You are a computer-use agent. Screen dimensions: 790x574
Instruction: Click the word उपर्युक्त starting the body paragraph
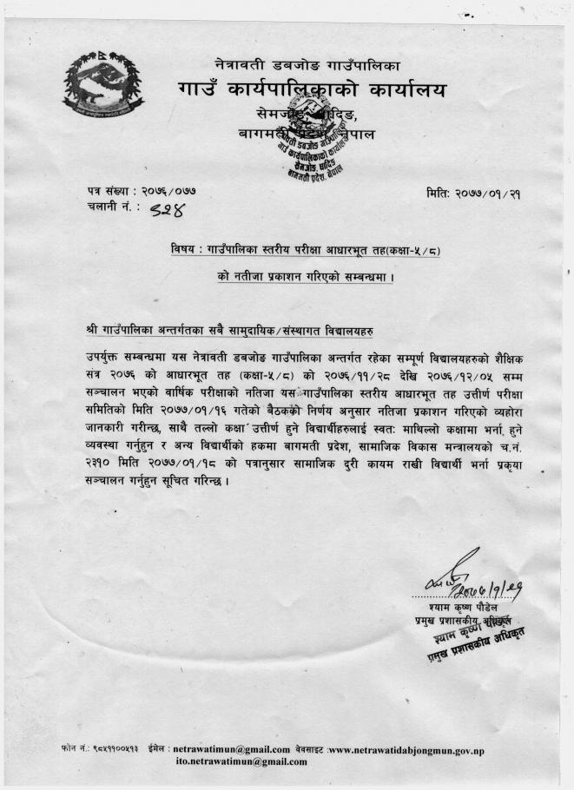point(107,359)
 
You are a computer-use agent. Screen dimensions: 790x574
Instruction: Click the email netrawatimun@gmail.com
point(232,748)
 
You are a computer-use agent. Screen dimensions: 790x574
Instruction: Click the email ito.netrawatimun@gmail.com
point(241,761)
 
